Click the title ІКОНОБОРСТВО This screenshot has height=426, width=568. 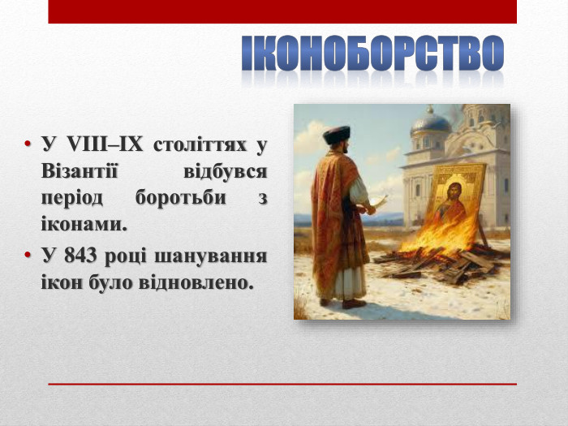[372, 54]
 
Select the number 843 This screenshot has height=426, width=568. [86, 256]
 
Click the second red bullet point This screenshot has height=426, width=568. [28, 256]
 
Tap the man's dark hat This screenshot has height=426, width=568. [335, 135]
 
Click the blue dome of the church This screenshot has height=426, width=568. [430, 123]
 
